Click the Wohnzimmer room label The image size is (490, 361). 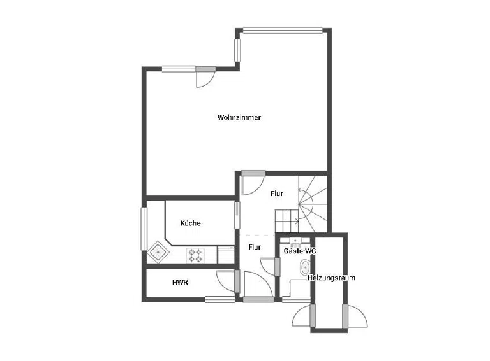pyautogui.click(x=239, y=118)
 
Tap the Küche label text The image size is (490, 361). pyautogui.click(x=190, y=223)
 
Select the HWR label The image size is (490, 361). pyautogui.click(x=181, y=283)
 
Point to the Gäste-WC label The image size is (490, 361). pyautogui.click(x=300, y=251)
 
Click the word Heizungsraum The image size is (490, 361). pyautogui.click(x=331, y=278)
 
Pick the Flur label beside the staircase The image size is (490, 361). pyautogui.click(x=277, y=194)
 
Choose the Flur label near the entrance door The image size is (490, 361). pyautogui.click(x=255, y=247)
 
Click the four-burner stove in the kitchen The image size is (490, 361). pyautogui.click(x=195, y=255)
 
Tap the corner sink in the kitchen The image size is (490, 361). pyautogui.click(x=158, y=251)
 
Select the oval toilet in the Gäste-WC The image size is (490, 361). pyautogui.click(x=305, y=268)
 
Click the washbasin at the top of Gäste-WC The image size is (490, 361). pyautogui.click(x=295, y=241)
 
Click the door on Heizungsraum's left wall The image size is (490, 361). pyautogui.click(x=303, y=316)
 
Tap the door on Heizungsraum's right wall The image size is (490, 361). pyautogui.click(x=355, y=316)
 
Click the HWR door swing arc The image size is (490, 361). pyautogui.click(x=226, y=281)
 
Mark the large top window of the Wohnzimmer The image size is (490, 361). pyautogui.click(x=283, y=30)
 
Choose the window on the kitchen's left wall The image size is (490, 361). pyautogui.click(x=144, y=229)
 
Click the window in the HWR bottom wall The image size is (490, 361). pyautogui.click(x=220, y=300)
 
